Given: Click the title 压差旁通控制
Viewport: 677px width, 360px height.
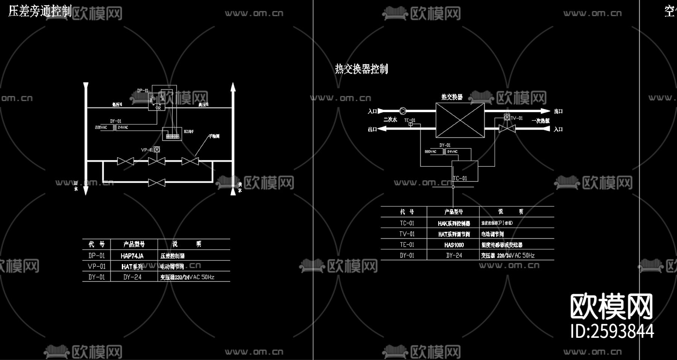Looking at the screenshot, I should tap(39, 11).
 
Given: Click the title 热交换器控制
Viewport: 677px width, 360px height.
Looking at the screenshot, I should tap(361, 69).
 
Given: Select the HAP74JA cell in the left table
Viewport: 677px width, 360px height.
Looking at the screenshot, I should tap(132, 256).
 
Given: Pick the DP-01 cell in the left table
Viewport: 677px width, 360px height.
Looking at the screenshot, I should tap(97, 256).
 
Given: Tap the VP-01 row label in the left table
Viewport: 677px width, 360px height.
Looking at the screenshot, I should tap(97, 266).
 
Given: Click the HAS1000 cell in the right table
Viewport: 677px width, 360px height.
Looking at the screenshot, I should tap(454, 245).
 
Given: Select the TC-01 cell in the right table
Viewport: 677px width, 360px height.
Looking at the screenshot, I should tap(407, 223).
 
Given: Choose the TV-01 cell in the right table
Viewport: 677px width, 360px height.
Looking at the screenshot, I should tap(407, 234).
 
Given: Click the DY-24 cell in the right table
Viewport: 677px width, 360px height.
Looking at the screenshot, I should tap(454, 255).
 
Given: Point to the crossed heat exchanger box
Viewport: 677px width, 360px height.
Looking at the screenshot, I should tap(460, 120).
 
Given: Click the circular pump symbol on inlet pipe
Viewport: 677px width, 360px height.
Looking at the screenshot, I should tap(403, 111).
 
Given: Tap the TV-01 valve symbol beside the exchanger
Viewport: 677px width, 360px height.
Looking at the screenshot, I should tap(507, 129).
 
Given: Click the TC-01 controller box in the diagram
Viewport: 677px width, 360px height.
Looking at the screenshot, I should tap(465, 171).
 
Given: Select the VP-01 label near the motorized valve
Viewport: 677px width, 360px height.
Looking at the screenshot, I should tap(147, 150).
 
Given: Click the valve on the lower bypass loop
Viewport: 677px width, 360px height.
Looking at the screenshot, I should tap(157, 183).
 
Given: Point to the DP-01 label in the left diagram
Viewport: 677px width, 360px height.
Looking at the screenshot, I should tap(143, 91).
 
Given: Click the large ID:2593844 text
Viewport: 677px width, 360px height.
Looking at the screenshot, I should tap(612, 331).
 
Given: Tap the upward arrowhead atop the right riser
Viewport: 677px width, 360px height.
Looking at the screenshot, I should tap(233, 87).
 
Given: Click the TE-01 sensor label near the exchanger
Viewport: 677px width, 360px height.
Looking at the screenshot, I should tap(410, 120).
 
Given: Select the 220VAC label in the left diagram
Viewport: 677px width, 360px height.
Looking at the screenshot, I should tap(101, 128).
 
